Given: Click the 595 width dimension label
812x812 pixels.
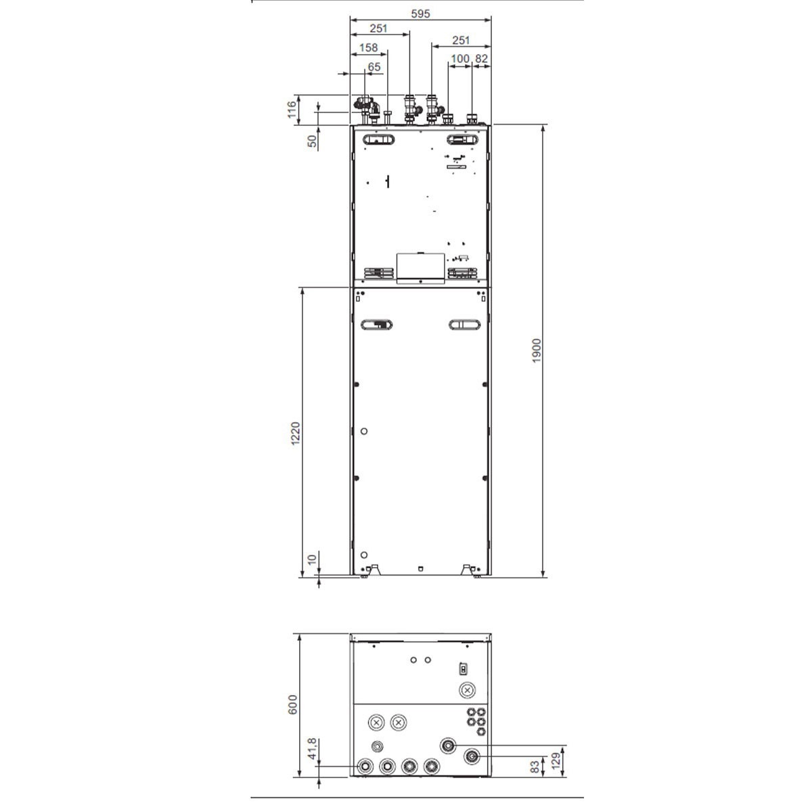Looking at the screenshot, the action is click(x=420, y=14).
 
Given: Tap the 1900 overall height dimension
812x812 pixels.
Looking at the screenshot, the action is click(x=536, y=350).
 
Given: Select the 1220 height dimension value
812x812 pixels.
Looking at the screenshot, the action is click(x=296, y=433).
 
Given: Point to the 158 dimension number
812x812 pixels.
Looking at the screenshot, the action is click(x=368, y=47).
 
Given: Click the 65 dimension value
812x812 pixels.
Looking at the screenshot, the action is click(x=374, y=66).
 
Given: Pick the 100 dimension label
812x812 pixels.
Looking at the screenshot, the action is click(x=460, y=59).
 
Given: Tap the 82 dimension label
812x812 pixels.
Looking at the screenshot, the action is click(x=481, y=59).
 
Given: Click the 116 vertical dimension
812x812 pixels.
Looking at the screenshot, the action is click(x=292, y=110).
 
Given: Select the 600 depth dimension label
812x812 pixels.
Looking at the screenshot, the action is click(x=292, y=704).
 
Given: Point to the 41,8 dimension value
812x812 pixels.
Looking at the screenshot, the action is click(x=312, y=748).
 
